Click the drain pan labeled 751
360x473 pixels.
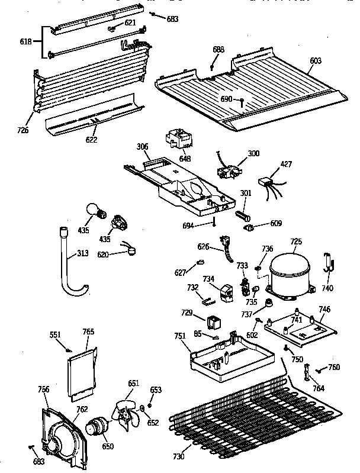pos(232,359)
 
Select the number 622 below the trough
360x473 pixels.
pos(91,140)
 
